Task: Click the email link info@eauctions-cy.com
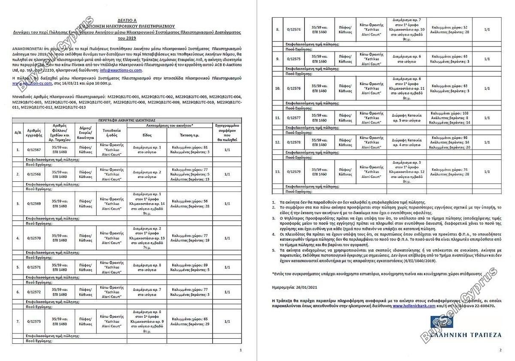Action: click(x=121, y=69)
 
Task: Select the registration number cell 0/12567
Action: click(x=34, y=150)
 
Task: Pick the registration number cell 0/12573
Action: click(x=34, y=322)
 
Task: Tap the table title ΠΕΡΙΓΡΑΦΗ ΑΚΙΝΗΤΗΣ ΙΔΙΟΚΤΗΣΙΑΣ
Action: click(x=126, y=120)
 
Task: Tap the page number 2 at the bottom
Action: click(x=500, y=351)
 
